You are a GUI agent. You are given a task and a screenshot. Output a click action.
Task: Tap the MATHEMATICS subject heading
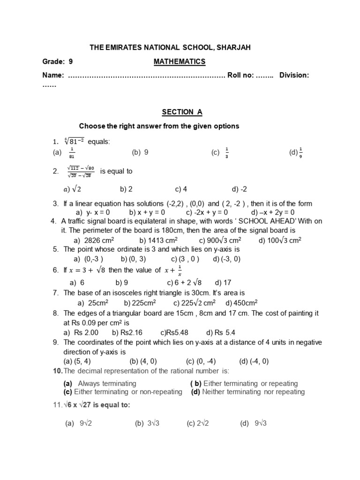click(180, 61)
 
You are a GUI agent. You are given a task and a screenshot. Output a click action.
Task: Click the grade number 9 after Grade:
click(71, 61)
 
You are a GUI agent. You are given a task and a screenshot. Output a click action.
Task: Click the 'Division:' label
click(294, 75)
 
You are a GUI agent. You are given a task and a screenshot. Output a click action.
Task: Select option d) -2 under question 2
click(239, 189)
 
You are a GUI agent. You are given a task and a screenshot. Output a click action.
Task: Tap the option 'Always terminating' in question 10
click(107, 383)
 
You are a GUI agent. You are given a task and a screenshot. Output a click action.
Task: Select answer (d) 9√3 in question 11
click(253, 423)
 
